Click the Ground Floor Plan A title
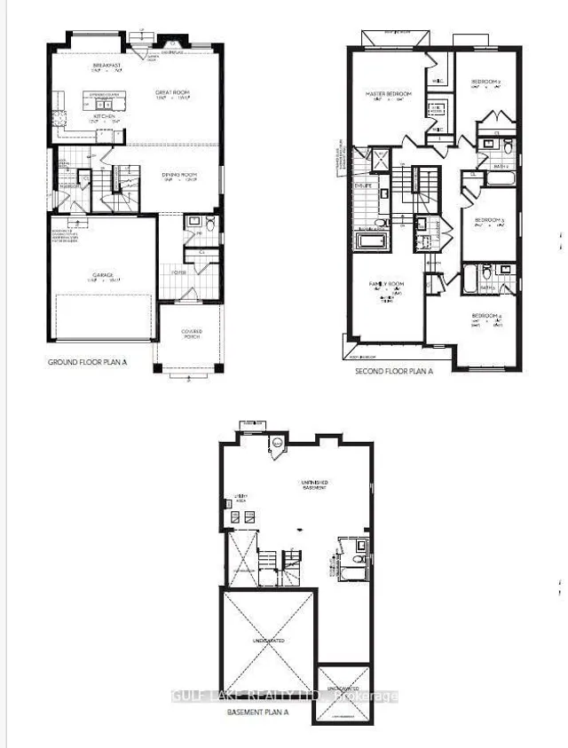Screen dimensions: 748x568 [87, 363]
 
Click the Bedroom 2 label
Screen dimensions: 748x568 [486, 82]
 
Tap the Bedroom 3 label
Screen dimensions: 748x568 [488, 219]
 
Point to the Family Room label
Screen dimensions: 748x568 [386, 284]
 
